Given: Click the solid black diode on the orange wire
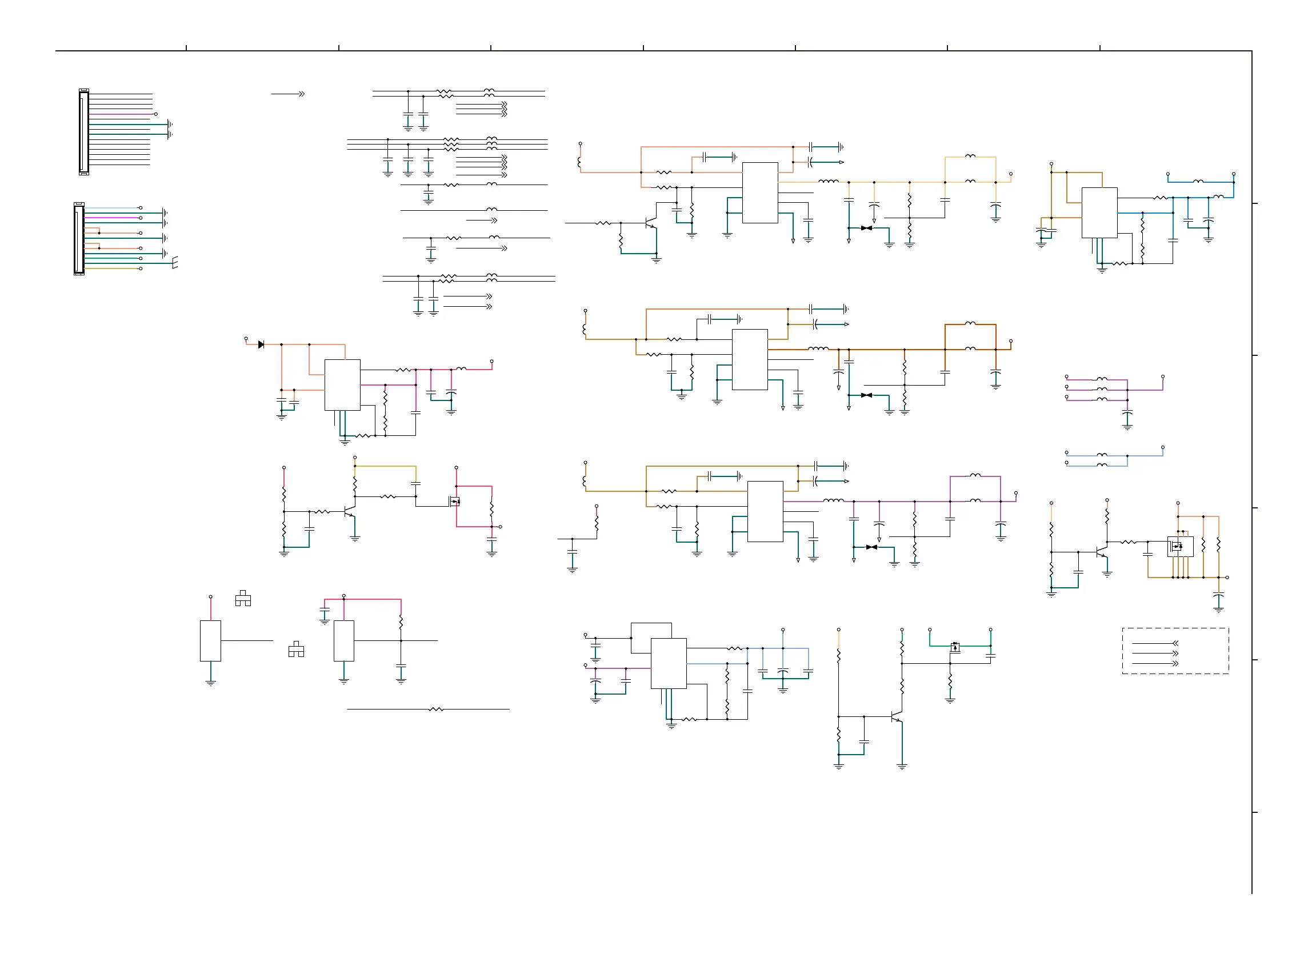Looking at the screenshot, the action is coord(261,344).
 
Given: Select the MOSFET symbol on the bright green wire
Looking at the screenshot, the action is coord(955,647).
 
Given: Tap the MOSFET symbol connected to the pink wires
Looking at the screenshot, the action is coord(454,501).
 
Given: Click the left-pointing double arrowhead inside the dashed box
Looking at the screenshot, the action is coord(1175,643).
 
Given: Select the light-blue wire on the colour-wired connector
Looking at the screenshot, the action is coord(111,208).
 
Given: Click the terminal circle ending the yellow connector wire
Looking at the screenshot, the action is coord(141,268).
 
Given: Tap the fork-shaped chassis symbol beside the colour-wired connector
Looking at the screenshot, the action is coord(174,263).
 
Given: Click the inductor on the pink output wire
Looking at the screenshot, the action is coord(461,368).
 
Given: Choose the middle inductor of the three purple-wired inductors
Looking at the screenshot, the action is coord(1102,389).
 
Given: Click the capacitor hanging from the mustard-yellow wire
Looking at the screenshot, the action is coord(415,483).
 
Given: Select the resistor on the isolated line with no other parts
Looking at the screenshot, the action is coord(435,710).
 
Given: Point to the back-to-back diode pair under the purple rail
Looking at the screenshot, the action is coord(871,547).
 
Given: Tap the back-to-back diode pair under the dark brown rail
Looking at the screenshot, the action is coord(866,395).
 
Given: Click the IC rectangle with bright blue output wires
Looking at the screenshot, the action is coord(1099,213).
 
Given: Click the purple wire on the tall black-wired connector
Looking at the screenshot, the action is coord(120,114).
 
